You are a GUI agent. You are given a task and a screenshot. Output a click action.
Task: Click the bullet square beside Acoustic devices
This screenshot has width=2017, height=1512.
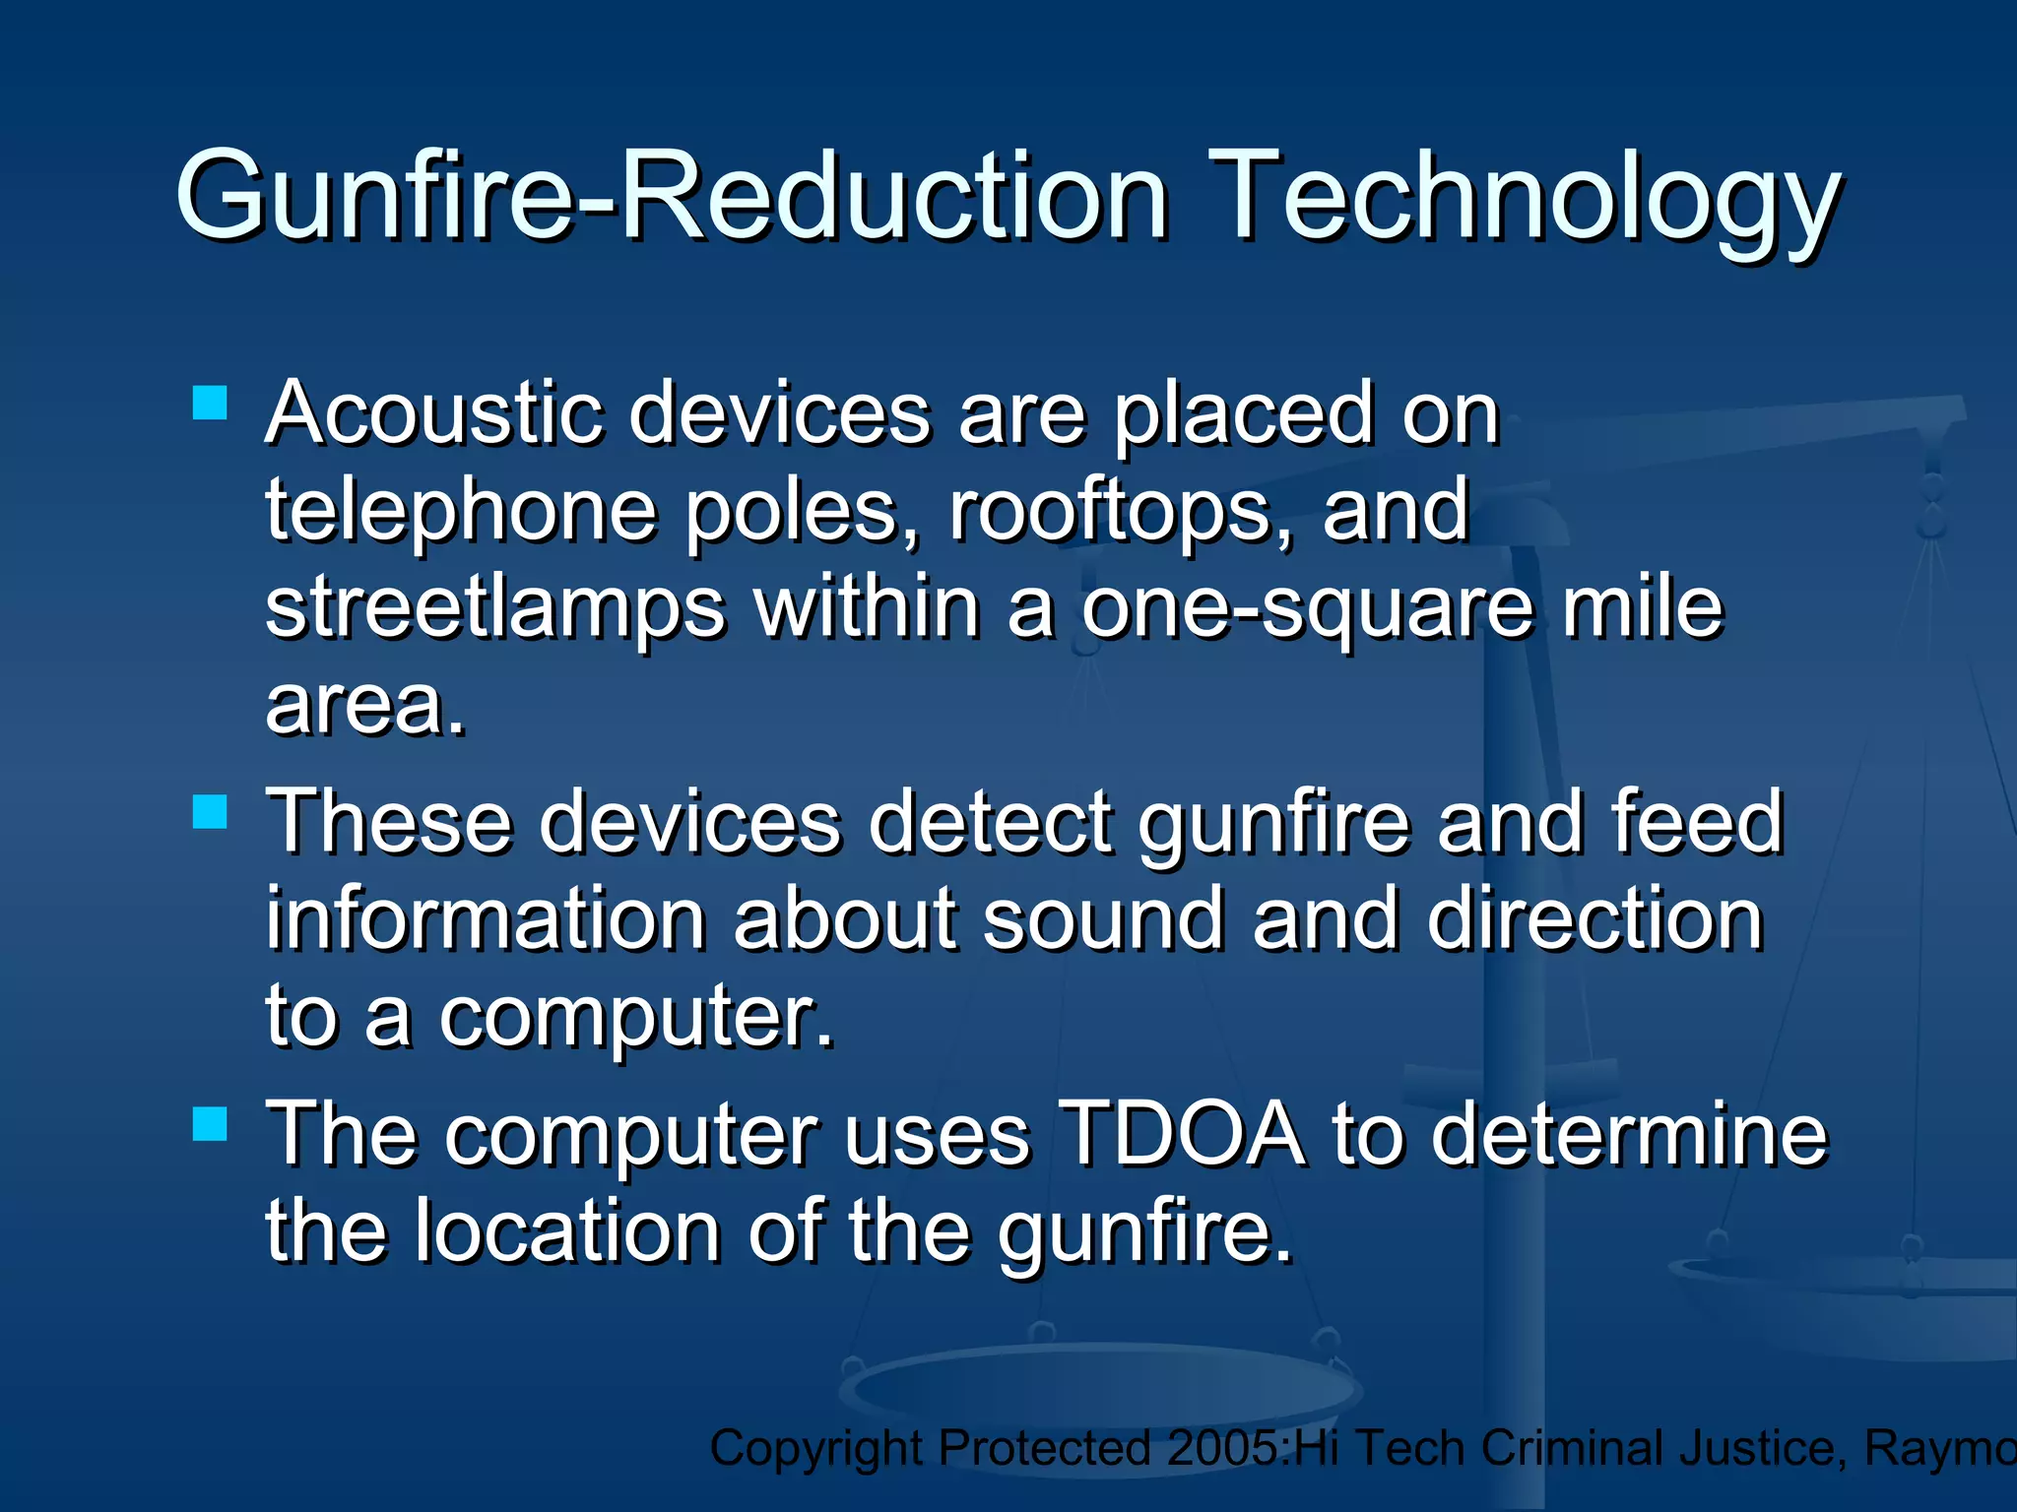(x=210, y=403)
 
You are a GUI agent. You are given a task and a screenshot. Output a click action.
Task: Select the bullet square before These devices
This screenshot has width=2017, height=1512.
(x=210, y=812)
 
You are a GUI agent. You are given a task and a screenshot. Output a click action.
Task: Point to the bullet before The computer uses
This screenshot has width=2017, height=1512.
(x=210, y=1123)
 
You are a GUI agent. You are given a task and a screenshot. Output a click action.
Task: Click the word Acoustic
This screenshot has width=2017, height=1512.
(x=433, y=413)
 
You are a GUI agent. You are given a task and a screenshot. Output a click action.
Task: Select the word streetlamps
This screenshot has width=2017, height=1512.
(x=495, y=607)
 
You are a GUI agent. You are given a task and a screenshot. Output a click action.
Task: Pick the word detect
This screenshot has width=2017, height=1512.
(x=991, y=823)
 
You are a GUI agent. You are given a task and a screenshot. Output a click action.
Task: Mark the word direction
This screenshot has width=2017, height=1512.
(x=1594, y=919)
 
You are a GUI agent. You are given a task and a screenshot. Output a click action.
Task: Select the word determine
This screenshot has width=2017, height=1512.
(x=1629, y=1134)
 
